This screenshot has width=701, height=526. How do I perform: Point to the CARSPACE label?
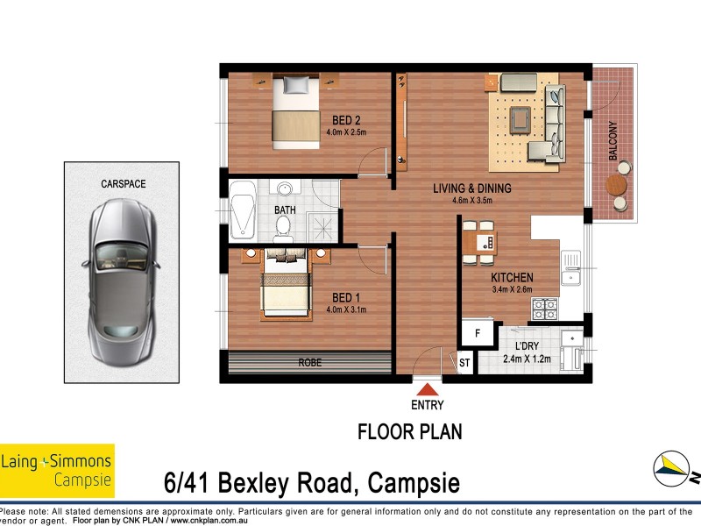point(123,184)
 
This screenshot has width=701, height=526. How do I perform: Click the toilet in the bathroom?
point(283,226)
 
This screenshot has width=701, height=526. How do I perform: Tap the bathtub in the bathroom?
point(242,211)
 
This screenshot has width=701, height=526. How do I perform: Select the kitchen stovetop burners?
point(545,309)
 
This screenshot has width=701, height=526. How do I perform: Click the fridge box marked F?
point(478,333)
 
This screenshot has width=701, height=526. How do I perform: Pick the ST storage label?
point(464,361)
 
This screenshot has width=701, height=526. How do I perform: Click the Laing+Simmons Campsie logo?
point(57,470)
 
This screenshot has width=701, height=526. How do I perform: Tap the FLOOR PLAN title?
point(409,432)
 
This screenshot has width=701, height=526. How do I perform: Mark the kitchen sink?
point(572,266)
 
